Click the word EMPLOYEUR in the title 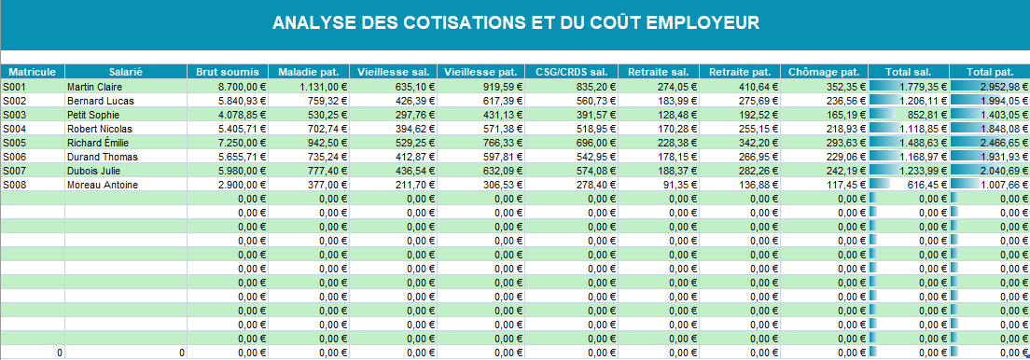(703, 23)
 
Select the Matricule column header (33, 72)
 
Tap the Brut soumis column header (228, 72)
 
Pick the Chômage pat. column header (824, 72)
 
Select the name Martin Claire (94, 87)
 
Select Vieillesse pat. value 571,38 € (504, 129)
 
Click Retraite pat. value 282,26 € (759, 171)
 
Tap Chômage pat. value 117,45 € (848, 186)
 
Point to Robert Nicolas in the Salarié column (99, 129)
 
